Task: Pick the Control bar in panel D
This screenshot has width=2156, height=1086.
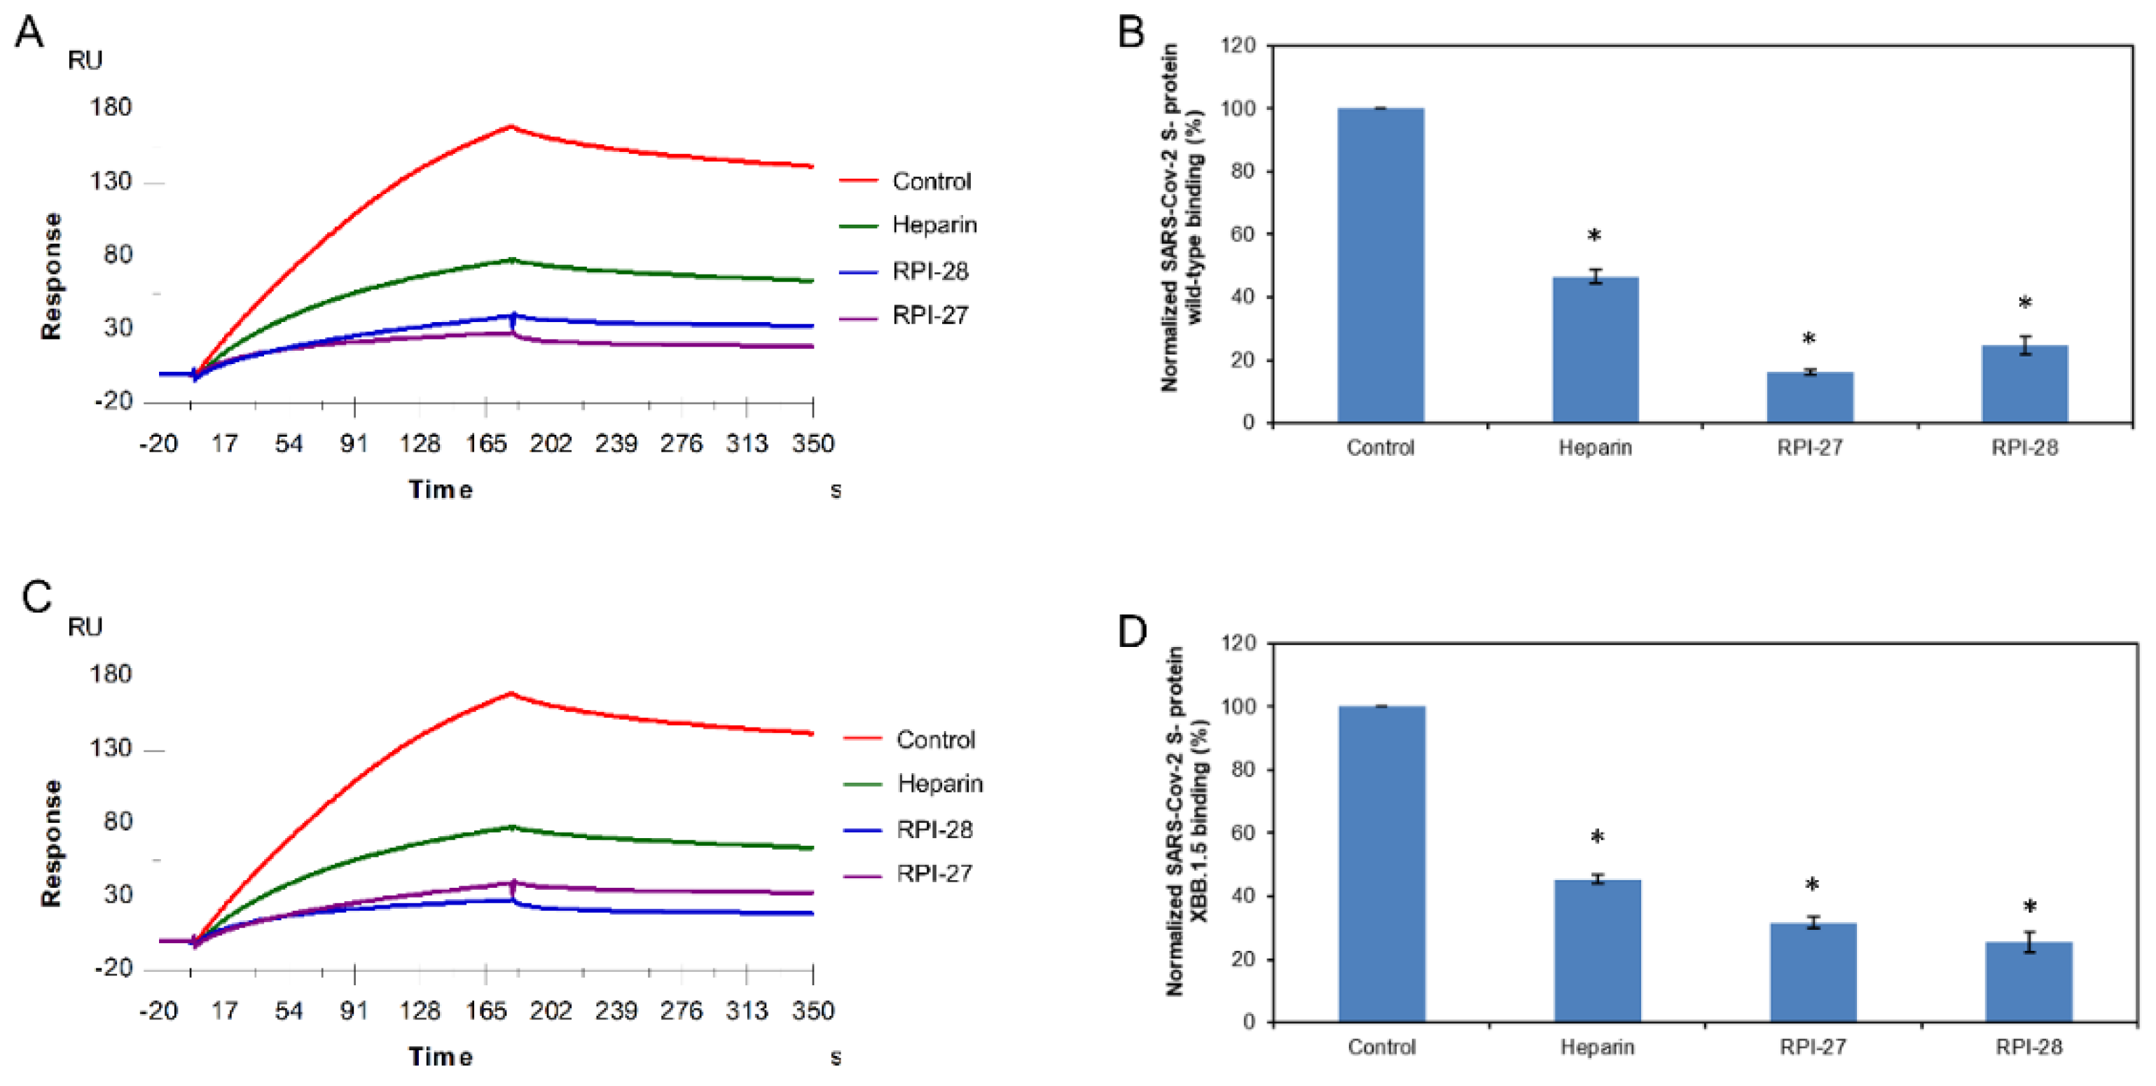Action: (x=1382, y=863)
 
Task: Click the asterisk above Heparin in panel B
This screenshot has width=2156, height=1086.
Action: (x=1594, y=237)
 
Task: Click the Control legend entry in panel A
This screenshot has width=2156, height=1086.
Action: (x=931, y=181)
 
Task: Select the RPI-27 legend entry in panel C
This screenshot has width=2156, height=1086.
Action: (x=934, y=873)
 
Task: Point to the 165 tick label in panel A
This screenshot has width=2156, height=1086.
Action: (x=485, y=443)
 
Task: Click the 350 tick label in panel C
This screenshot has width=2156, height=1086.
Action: (x=812, y=1010)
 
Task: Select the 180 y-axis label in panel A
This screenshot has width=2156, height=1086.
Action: (x=111, y=107)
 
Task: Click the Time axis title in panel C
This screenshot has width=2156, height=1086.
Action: (x=441, y=1057)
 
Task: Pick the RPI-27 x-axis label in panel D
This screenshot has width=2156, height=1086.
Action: (x=1813, y=1047)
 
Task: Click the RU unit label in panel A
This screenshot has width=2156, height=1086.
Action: (x=85, y=60)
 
